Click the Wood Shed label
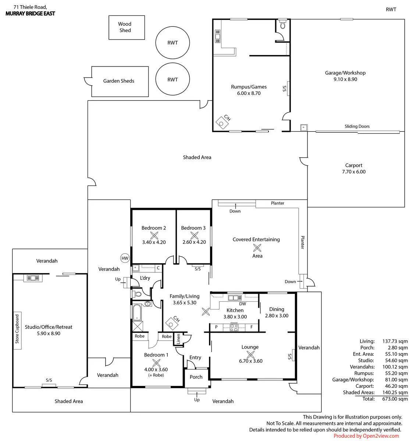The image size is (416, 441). pyautogui.click(x=125, y=27)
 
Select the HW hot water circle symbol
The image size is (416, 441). pyautogui.click(x=125, y=258)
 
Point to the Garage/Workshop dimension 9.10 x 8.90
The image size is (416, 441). pyautogui.click(x=345, y=79)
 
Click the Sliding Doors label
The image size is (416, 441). pyautogui.click(x=357, y=126)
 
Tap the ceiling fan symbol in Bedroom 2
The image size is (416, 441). pyautogui.click(x=154, y=235)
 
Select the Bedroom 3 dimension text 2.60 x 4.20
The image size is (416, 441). pyautogui.click(x=194, y=242)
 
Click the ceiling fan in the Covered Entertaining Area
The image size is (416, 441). pyautogui.click(x=257, y=248)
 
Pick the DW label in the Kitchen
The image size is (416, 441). pyautogui.click(x=242, y=304)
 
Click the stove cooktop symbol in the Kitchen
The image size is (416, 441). pyautogui.click(x=234, y=327)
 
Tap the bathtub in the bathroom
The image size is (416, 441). pyautogui.click(x=137, y=312)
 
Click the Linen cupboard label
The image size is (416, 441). pyautogui.click(x=178, y=339)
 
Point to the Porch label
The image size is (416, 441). pyautogui.click(x=196, y=377)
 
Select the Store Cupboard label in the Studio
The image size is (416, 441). pyautogui.click(x=17, y=329)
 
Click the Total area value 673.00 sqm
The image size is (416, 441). pyautogui.click(x=395, y=399)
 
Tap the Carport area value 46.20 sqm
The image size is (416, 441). pyautogui.click(x=396, y=386)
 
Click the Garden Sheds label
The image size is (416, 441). pyautogui.click(x=118, y=81)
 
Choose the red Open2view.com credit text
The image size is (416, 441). pyautogui.click(x=366, y=436)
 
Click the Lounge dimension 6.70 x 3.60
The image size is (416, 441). pyautogui.click(x=250, y=361)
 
